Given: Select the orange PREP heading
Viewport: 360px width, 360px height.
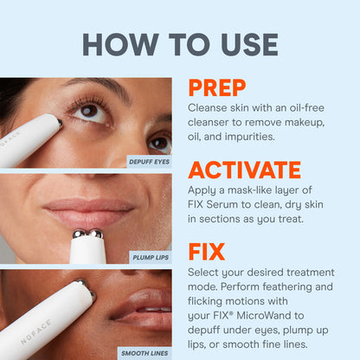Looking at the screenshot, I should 216,87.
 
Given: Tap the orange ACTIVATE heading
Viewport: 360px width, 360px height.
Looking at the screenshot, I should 244,170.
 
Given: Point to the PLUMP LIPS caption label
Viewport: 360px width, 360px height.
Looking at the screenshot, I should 150,257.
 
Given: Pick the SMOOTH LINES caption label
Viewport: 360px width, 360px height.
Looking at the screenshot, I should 145,352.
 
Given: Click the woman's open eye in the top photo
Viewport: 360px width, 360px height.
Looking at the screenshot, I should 88,111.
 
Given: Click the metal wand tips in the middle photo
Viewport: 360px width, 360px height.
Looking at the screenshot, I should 87,234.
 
